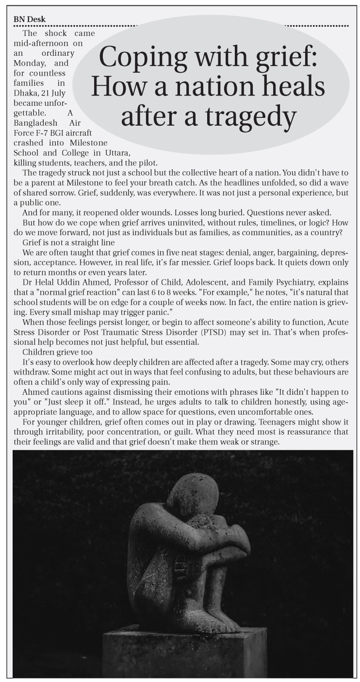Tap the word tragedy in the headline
tap(252, 116)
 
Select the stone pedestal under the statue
tap(184, 652)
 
